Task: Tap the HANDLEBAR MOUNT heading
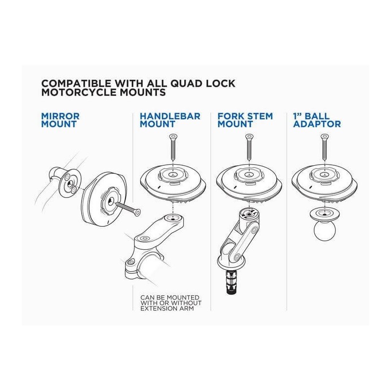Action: [x=170, y=120]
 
